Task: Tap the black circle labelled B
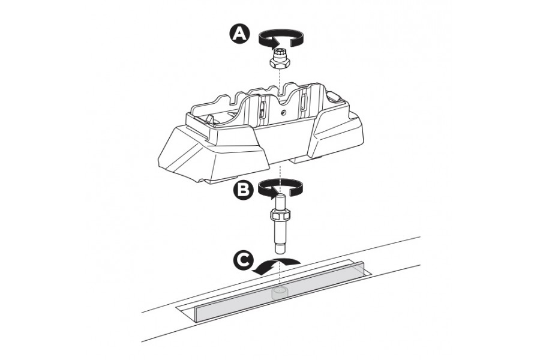click(x=243, y=190)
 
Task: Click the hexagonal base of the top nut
click(x=279, y=62)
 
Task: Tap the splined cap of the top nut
click(x=279, y=53)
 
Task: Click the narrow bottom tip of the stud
click(x=281, y=248)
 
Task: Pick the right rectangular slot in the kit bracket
click(x=304, y=102)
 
